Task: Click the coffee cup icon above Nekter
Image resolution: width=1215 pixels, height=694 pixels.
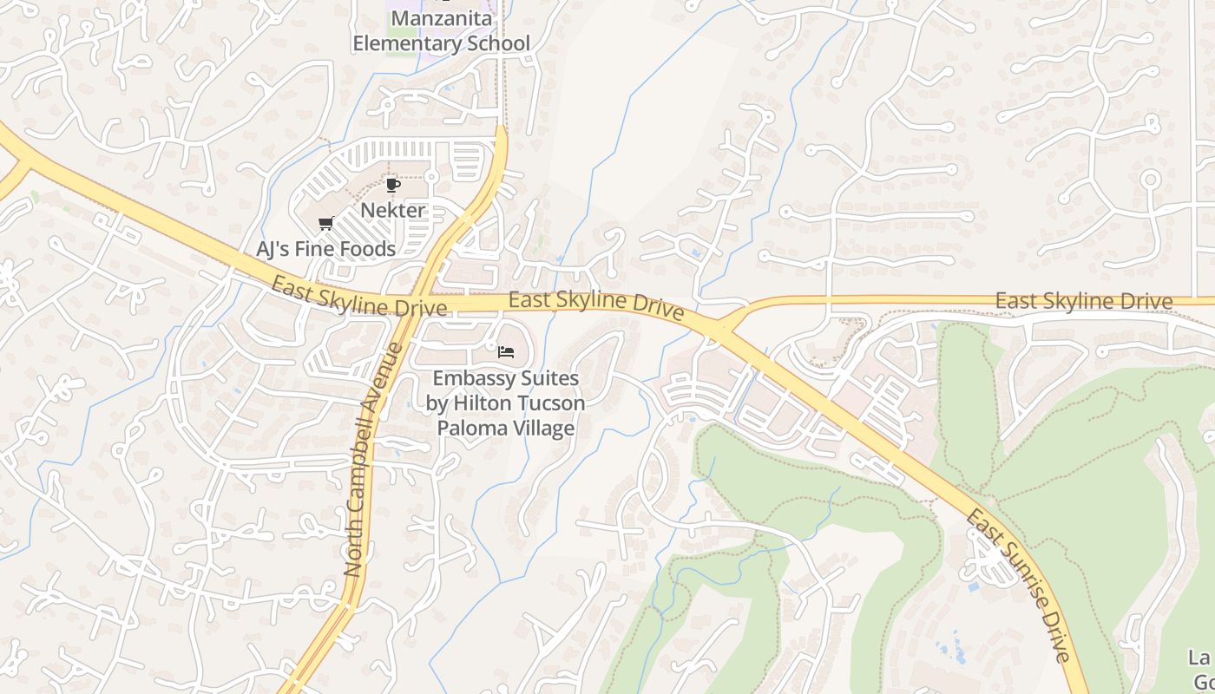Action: pos(393,185)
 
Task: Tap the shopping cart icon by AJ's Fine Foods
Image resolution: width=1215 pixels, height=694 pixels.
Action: pos(326,224)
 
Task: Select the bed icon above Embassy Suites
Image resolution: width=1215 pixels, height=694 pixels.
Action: pos(506,351)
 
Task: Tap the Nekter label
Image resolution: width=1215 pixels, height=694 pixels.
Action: pos(393,210)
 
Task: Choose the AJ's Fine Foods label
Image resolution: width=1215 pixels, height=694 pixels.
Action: pos(326,249)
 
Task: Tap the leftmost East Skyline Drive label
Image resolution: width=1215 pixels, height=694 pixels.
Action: pos(358,296)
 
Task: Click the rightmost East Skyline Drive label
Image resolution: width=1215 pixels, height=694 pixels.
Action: pos(1084,301)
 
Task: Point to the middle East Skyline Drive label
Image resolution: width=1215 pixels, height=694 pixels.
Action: pos(596,304)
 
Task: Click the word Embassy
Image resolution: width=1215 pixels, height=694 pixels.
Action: pos(470,378)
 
